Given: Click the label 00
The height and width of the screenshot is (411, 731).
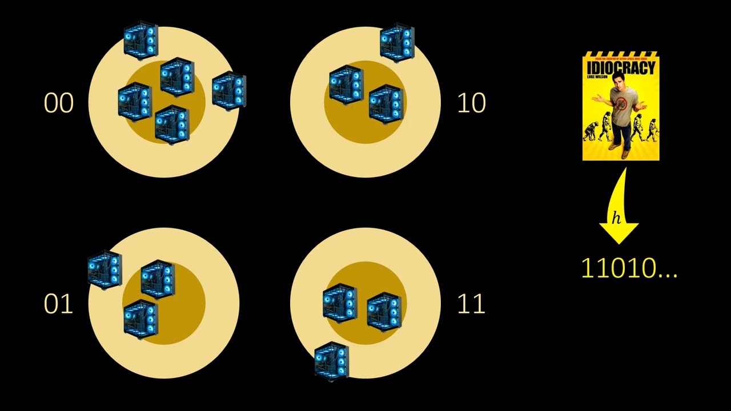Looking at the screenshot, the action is coord(58,103).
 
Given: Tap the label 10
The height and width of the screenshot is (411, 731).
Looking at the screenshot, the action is coord(471,103).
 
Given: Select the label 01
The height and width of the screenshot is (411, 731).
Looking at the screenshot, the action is coord(58,304).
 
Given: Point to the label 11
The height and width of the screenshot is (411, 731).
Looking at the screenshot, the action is coord(471,304).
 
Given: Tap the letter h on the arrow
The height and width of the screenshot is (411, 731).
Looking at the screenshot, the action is coord(616,218).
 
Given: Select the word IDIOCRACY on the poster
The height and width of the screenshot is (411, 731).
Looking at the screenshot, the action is coord(621,67).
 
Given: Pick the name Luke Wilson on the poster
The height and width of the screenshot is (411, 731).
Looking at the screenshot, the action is coord(597,76).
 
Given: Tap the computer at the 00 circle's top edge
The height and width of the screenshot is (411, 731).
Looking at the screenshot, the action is coord(140,40).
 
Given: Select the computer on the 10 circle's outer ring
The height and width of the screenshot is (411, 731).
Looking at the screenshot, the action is coord(397,43).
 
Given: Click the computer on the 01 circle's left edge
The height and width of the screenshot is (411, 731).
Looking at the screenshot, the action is coord(105,269).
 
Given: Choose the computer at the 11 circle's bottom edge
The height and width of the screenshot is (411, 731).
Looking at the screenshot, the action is coord(331,360).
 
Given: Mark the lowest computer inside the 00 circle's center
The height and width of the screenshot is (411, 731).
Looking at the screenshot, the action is coord(171,124).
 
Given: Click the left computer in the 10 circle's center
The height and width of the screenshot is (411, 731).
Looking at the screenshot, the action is coord(346,84).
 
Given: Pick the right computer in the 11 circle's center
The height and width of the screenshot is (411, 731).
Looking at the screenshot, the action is coord(384,311).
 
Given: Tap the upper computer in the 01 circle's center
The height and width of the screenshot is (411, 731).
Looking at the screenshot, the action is coord(158,279).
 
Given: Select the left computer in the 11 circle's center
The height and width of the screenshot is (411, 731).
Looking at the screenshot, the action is coord(340,303).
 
